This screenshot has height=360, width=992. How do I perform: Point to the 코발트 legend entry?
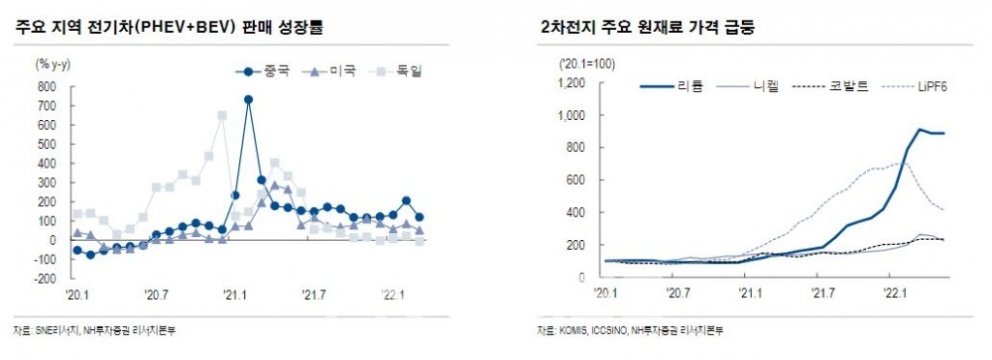click(838, 87)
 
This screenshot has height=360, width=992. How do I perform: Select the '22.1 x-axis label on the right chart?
click(895, 294)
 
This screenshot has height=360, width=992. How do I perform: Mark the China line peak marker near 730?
click(248, 99)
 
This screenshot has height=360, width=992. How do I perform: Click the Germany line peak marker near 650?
click(221, 115)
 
